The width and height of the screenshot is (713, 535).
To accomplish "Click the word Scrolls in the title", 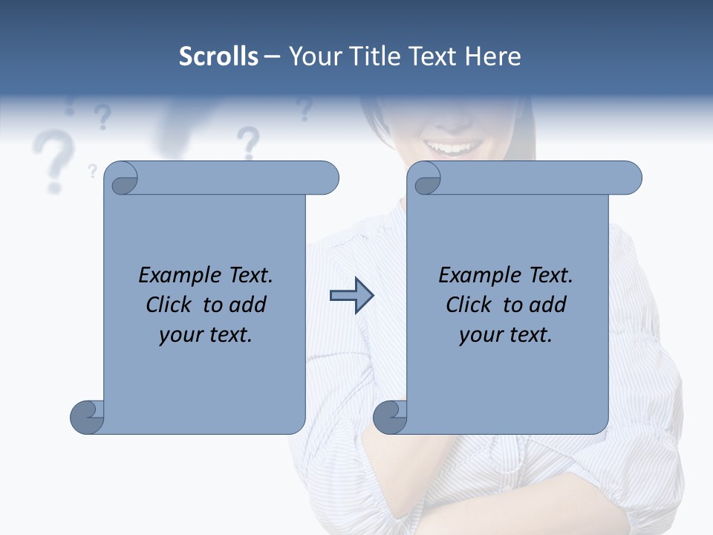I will coord(218,56).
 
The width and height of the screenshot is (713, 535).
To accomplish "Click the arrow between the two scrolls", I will coord(351,296).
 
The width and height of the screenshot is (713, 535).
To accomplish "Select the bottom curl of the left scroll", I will coord(87,417).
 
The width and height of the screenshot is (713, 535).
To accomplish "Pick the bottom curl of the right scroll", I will coord(390,417).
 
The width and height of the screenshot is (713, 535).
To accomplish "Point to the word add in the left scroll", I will coord(247,305).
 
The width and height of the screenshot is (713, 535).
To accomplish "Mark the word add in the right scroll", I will coord(547,305).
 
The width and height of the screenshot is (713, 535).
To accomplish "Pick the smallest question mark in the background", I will coord(92,171).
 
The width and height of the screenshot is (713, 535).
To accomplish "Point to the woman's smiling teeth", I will coord(451,147).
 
